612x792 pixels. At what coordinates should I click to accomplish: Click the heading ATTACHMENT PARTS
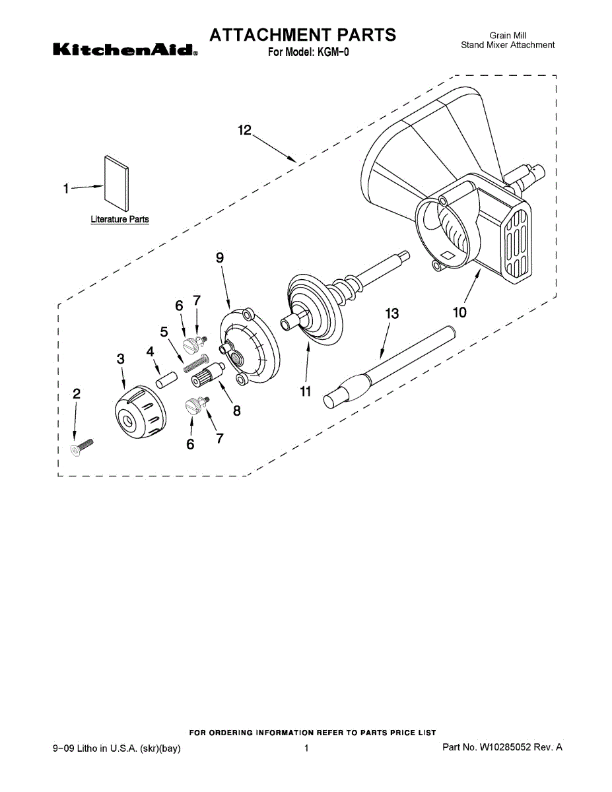(303, 34)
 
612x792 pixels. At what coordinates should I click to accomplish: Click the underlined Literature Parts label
(119, 219)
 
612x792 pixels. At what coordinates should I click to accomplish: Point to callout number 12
(245, 131)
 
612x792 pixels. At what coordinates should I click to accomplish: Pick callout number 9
(220, 259)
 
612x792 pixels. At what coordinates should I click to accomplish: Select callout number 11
(305, 391)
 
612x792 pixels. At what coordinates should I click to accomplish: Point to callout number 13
(392, 314)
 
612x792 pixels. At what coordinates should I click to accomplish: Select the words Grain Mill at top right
(508, 36)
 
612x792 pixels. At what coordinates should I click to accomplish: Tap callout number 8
(236, 411)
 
